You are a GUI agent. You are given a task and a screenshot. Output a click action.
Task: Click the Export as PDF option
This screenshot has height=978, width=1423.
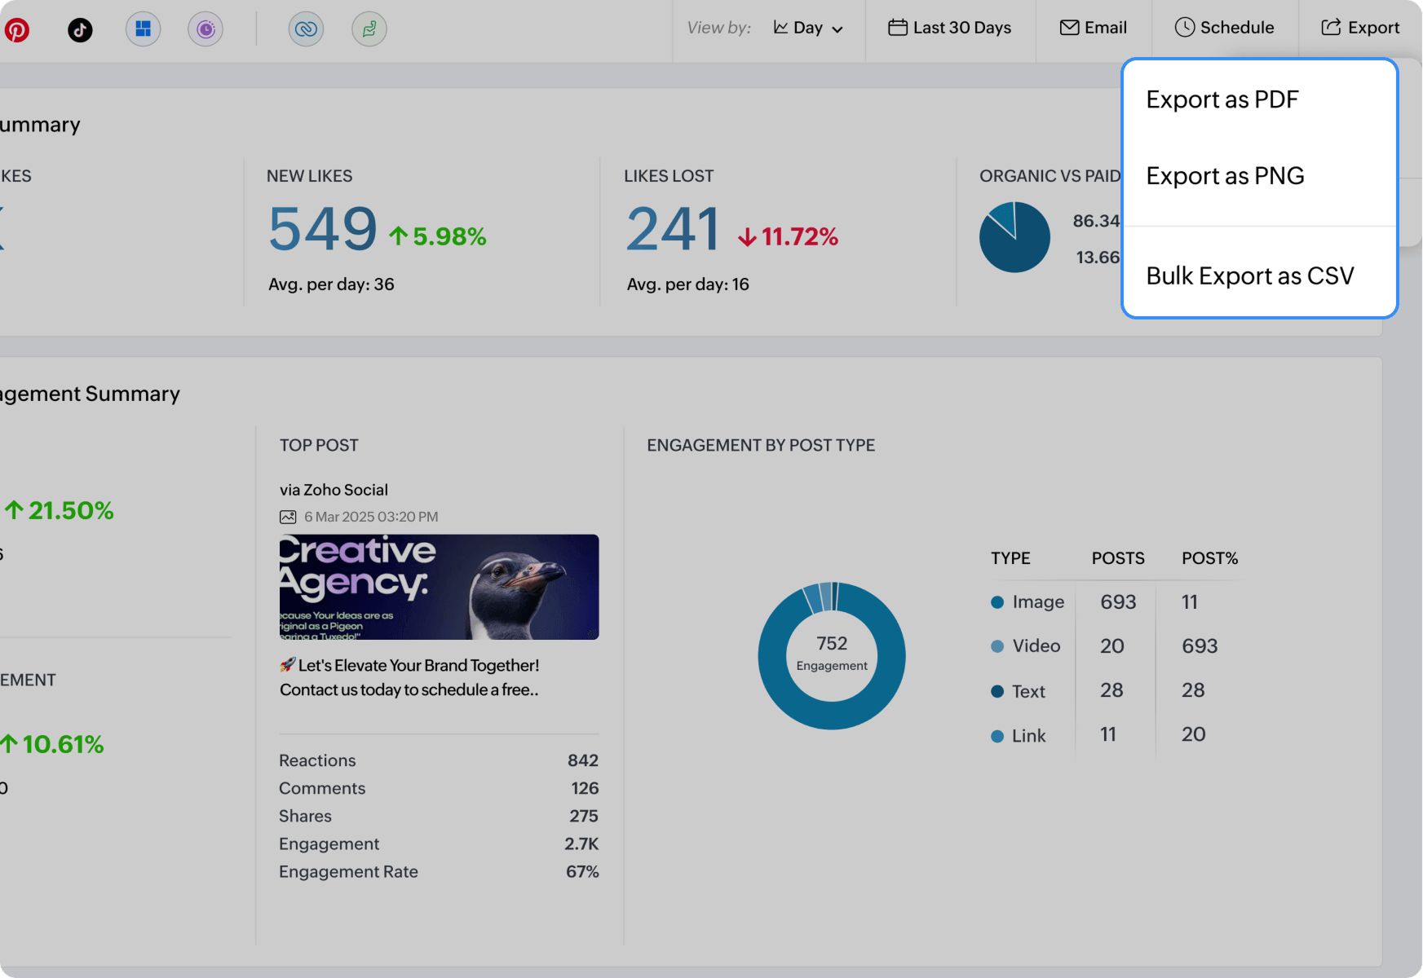click(1222, 99)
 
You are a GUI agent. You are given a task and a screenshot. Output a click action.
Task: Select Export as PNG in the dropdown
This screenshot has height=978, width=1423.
click(1225, 176)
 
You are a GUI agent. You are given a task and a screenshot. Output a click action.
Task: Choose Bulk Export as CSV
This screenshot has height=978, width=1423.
click(1249, 276)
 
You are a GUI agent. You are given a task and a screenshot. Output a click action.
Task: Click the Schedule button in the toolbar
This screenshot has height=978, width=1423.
click(1224, 28)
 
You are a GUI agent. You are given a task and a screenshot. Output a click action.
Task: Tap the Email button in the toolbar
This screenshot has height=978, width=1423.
click(1094, 28)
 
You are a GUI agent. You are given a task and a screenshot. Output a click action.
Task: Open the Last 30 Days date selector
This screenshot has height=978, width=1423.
click(950, 28)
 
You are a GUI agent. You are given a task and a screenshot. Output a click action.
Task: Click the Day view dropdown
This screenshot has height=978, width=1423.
click(808, 28)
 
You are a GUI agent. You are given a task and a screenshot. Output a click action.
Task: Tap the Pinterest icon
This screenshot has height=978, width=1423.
click(17, 30)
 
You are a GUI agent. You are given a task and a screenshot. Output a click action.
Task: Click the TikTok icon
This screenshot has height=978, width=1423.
click(80, 30)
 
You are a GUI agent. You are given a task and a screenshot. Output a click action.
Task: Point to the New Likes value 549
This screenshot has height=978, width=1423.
click(322, 229)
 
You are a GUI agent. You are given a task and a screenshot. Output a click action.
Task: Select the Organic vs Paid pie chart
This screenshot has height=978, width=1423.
click(1014, 237)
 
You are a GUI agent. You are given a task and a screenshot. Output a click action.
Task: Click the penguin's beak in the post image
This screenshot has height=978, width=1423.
click(534, 575)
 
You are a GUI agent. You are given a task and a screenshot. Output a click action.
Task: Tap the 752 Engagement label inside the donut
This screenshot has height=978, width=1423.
click(832, 653)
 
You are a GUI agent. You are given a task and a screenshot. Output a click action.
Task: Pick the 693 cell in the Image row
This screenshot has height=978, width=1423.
click(1117, 602)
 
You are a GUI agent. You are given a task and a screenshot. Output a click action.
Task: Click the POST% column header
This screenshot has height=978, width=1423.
click(1209, 558)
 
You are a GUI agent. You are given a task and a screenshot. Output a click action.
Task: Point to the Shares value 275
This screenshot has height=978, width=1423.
click(583, 816)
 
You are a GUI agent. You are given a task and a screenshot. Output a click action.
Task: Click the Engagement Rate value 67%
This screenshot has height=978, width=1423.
click(582, 871)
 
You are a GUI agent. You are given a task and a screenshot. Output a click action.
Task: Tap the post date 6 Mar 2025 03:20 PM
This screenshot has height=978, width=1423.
click(370, 517)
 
